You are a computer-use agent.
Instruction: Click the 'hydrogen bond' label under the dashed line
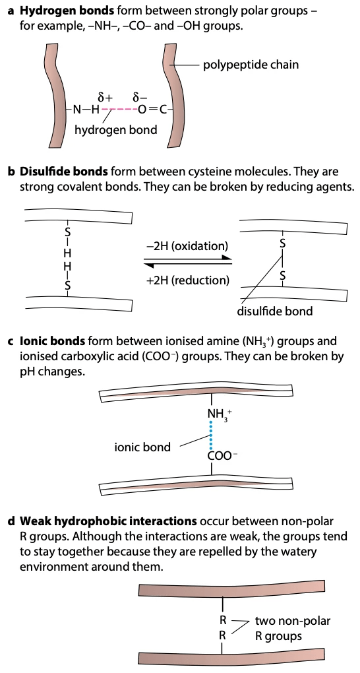point(115,130)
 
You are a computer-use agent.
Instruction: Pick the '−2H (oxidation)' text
point(187,246)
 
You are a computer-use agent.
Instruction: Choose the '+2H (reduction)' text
point(189,280)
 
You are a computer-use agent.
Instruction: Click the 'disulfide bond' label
point(275,311)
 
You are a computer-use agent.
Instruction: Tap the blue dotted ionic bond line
point(211,436)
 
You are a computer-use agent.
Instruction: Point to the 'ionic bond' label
point(142,447)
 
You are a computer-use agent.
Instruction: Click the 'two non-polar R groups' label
point(292,628)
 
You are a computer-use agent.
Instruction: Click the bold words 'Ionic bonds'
point(52,341)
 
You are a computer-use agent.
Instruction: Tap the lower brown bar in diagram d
point(231,657)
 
